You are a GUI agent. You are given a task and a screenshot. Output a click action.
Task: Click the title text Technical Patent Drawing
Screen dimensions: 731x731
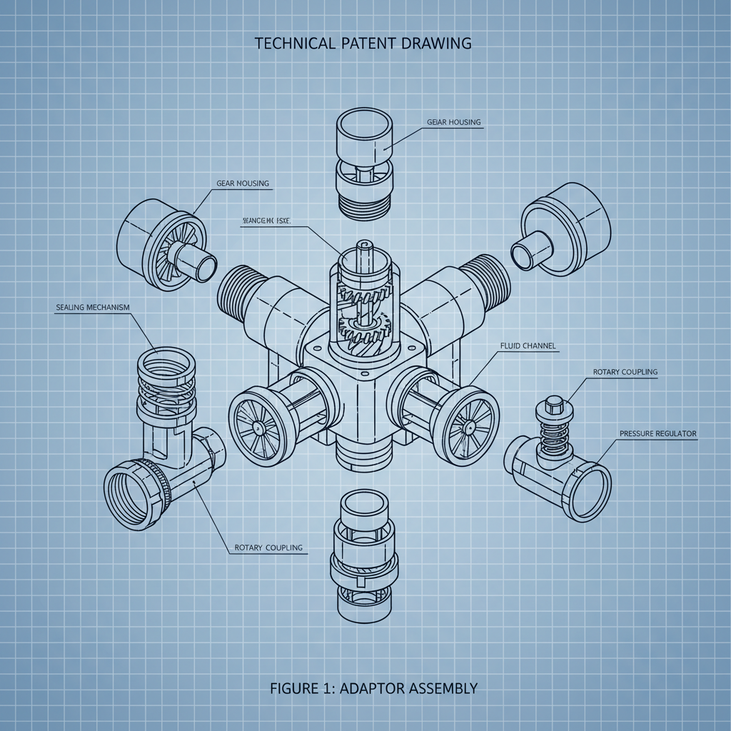coord(363,43)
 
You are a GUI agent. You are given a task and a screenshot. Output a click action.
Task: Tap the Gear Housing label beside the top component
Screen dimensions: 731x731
coord(454,122)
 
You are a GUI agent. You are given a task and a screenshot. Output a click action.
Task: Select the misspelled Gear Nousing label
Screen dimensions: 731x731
coord(243,183)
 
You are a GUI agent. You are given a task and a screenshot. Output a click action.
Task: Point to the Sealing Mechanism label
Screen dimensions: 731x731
coord(93,307)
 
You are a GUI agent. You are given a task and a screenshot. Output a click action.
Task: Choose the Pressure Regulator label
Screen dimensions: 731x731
coord(657,433)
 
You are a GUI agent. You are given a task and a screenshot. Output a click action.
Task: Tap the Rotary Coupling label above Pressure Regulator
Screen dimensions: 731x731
coord(625,372)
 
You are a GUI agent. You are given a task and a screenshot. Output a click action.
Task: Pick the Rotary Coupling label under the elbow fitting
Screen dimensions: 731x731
coord(268,548)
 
